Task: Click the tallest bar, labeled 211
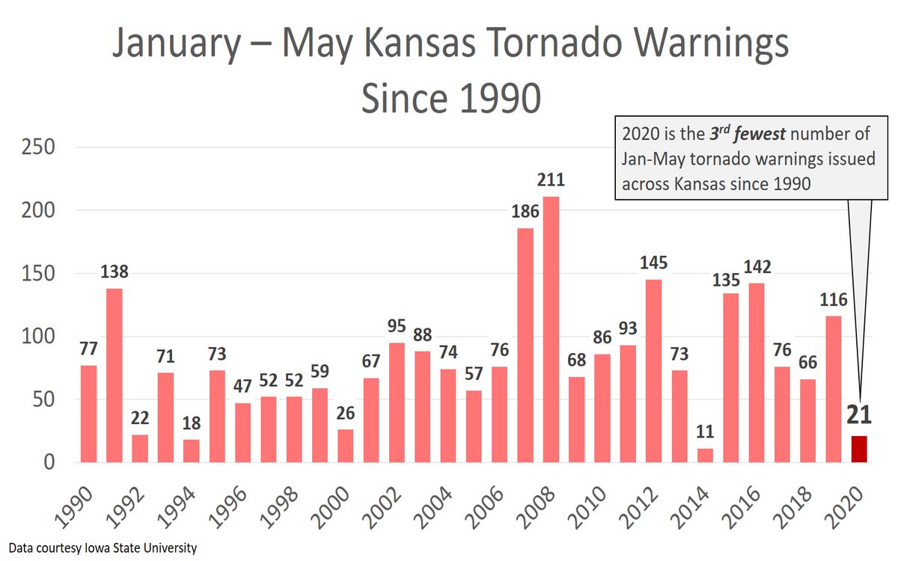[551, 329]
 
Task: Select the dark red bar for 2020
[860, 449]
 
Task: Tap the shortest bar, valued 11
[706, 455]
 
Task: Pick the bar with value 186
[525, 345]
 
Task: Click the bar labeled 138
[114, 375]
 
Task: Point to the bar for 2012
[654, 370]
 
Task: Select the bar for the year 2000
[346, 445]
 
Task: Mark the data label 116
[834, 301]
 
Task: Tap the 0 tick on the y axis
[49, 462]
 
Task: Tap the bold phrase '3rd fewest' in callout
[729, 135]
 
